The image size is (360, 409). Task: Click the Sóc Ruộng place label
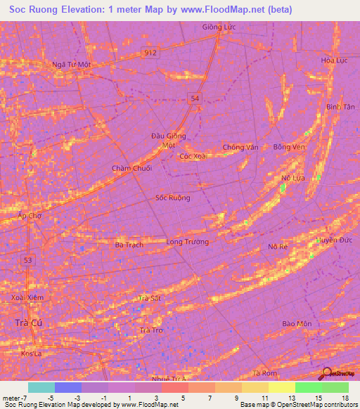(x=172, y=197)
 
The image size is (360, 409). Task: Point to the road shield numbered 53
(x=28, y=260)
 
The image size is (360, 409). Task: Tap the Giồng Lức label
(x=217, y=27)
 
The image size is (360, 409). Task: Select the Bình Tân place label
(x=340, y=106)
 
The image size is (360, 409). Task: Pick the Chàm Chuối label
(x=131, y=169)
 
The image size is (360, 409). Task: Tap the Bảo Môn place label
(x=297, y=323)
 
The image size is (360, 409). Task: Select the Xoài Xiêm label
(x=27, y=298)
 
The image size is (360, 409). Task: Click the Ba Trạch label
(x=129, y=245)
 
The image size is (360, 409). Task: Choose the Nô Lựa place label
(x=292, y=178)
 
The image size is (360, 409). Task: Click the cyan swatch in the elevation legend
(x=41, y=387)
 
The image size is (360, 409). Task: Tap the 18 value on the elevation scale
(x=345, y=398)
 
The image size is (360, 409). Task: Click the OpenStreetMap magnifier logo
(x=327, y=374)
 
